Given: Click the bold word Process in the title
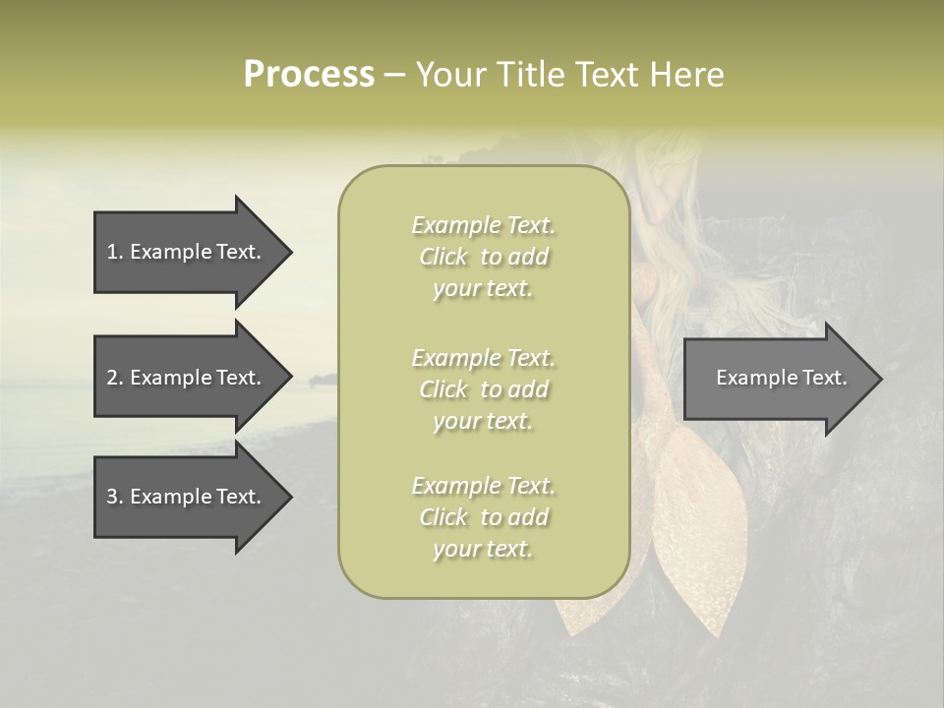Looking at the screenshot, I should [309, 75].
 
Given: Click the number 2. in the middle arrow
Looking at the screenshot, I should [114, 378].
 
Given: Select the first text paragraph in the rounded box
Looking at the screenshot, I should [483, 257].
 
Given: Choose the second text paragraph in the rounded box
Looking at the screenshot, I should [483, 389].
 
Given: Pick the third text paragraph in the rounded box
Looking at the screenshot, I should [483, 517].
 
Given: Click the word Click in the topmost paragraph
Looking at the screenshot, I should [443, 258].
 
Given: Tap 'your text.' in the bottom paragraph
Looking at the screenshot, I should [483, 550].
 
